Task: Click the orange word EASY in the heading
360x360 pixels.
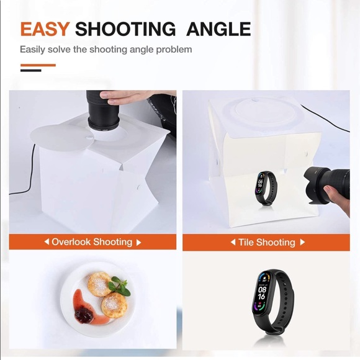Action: [44, 29]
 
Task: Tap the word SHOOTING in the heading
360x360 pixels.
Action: [125, 29]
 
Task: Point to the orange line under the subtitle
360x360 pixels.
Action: [38, 65]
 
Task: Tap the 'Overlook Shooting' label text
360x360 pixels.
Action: [92, 242]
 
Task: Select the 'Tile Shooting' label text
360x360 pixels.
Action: [266, 242]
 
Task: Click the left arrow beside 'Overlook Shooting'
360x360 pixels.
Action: [47, 242]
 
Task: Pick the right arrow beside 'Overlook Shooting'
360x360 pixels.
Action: [138, 242]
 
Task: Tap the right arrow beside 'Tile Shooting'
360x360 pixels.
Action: [302, 242]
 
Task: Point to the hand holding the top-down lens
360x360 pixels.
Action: [127, 97]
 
